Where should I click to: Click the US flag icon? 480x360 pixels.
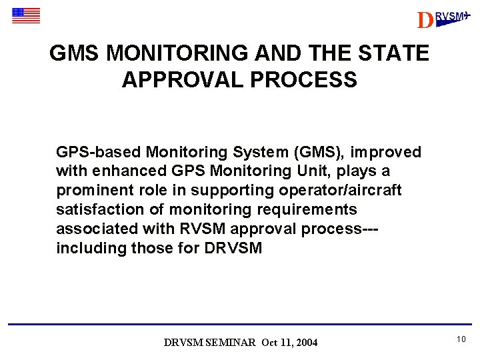click(26, 15)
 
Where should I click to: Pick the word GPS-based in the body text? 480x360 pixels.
click(99, 153)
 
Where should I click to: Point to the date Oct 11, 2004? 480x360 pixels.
click(290, 343)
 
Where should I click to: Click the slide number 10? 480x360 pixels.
click(461, 340)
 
